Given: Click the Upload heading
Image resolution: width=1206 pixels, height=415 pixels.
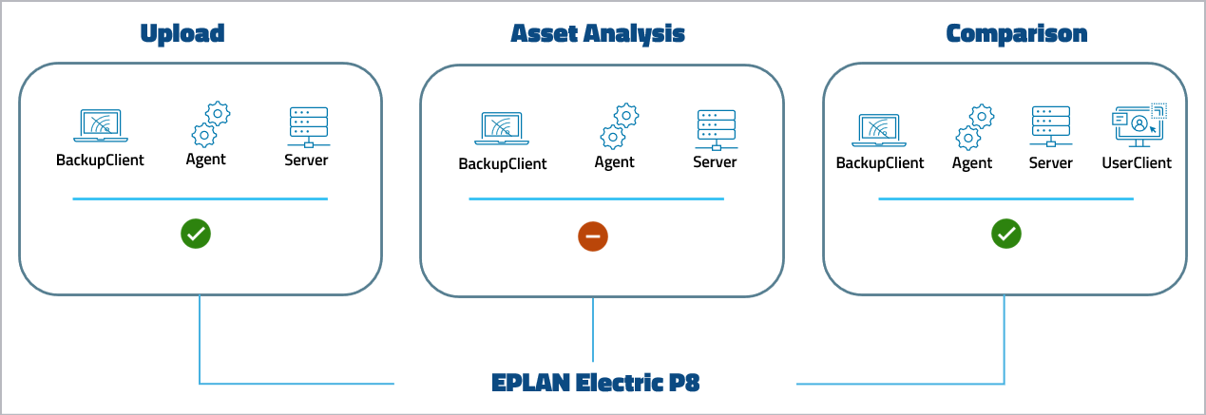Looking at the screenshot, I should click(182, 33).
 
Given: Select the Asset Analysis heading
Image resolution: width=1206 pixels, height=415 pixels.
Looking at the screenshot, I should click(598, 33).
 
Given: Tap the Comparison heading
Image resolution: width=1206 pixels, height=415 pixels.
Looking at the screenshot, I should click(1016, 33).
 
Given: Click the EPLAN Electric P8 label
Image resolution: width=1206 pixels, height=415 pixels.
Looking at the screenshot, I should click(596, 383).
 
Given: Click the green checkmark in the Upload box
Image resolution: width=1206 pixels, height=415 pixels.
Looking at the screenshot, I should click(197, 234).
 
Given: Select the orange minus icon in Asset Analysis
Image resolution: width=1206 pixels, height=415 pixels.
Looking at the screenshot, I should click(593, 236).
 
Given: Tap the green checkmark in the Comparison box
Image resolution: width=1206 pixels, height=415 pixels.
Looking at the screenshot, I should click(1005, 234).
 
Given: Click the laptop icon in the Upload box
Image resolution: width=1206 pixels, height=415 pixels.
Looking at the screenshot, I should click(101, 125).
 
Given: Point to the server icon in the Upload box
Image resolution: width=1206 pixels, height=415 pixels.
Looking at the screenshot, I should click(307, 125).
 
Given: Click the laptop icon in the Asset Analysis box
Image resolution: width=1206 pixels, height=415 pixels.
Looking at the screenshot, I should click(503, 128).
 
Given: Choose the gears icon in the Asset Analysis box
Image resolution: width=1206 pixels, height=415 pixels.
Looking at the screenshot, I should click(619, 126).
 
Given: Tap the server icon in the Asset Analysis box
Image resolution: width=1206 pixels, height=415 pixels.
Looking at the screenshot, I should click(715, 128).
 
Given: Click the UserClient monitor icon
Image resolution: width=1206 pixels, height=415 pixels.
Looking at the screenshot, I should click(1138, 125).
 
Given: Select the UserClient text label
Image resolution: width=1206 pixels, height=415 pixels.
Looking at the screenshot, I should click(1137, 162).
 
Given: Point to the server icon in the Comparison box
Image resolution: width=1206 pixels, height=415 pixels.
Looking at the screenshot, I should click(1051, 126).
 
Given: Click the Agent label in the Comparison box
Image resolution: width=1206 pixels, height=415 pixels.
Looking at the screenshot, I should click(972, 162).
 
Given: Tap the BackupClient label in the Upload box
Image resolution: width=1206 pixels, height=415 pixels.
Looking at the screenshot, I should click(100, 160).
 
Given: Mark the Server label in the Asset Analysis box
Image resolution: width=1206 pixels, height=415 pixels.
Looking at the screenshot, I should click(715, 162).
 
